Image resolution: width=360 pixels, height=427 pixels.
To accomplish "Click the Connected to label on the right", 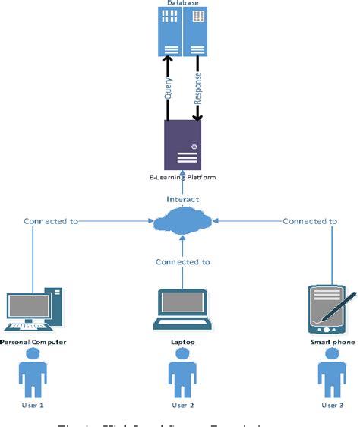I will point(309,221).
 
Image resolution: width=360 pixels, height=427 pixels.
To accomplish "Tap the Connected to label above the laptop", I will point(182,262).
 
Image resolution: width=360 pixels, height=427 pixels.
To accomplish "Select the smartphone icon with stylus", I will point(327,309).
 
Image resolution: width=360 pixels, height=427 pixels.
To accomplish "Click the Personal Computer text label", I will point(33,342).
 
